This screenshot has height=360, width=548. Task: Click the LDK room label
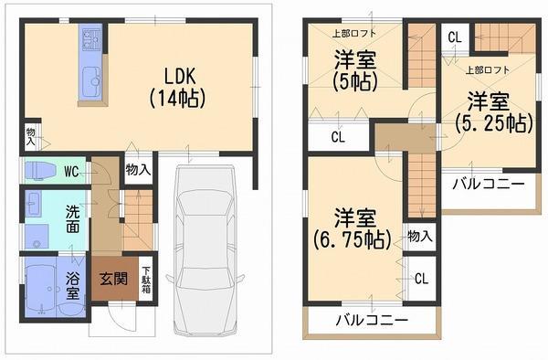(179, 74)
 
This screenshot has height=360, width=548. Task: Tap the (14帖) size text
(179, 95)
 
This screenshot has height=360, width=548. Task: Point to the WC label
(71, 171)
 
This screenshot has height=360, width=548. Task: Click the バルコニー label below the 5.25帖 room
(489, 184)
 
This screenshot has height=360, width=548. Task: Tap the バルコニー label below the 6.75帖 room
(370, 320)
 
